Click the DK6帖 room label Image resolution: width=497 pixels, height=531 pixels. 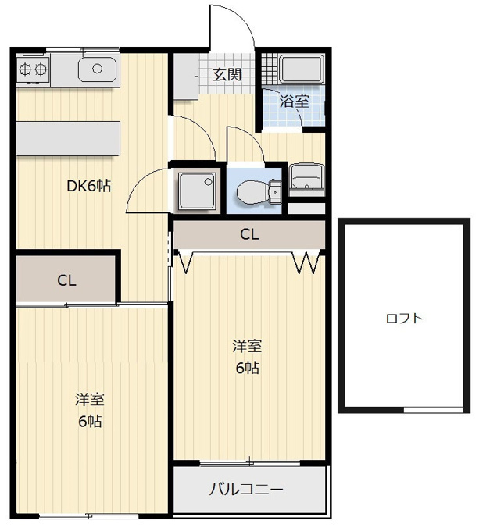(x=88, y=186)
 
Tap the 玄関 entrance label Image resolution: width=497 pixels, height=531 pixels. (x=227, y=74)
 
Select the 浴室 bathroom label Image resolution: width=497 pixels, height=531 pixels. (x=294, y=102)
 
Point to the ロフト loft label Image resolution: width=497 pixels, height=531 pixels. (x=404, y=319)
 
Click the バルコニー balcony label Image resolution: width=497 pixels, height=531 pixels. (x=246, y=490)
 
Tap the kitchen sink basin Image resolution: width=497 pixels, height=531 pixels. (x=97, y=69)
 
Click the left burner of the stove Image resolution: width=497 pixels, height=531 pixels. (x=26, y=69)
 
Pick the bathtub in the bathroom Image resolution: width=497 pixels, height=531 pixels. (x=302, y=69)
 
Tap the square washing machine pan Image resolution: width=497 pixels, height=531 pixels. (x=197, y=191)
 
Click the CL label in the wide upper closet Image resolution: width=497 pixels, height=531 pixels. (x=249, y=234)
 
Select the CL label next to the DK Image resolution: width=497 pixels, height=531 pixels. (x=66, y=280)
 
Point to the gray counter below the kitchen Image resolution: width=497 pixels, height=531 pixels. (x=68, y=138)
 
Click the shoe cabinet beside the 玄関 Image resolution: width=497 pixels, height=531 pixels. (x=186, y=77)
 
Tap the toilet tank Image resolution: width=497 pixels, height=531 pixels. (x=275, y=192)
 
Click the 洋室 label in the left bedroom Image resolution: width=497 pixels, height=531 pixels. (x=89, y=400)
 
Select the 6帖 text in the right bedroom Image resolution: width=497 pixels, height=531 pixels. (x=248, y=368)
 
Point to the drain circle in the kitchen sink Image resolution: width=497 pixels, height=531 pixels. (x=97, y=69)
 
